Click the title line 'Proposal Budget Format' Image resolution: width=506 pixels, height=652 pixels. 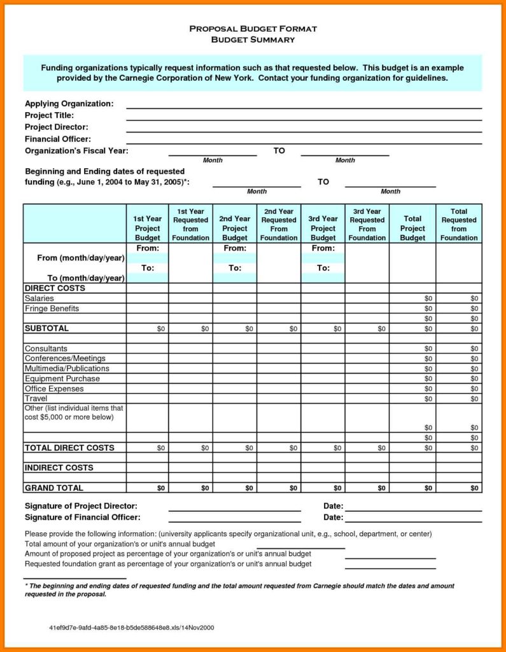253,29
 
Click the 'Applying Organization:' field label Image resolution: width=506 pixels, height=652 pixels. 69,103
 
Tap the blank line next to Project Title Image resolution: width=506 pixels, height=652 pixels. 304,119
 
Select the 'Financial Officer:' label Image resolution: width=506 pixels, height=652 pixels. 57,139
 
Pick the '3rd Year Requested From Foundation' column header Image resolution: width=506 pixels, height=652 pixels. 367,225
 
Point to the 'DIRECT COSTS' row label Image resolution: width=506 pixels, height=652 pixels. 55,288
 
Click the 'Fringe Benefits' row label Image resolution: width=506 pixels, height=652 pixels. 52,309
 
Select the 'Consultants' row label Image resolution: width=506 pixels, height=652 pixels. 46,349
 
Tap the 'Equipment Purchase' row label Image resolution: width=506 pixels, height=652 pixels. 62,379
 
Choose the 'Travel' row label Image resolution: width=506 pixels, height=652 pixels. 36,399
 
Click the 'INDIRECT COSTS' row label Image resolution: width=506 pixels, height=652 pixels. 59,468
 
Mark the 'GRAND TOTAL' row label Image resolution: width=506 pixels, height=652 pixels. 53,488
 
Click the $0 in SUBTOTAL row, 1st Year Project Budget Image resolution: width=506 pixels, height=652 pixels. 160,329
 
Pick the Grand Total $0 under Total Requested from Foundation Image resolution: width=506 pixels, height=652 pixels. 474,488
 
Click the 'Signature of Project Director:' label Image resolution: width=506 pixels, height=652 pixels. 81,506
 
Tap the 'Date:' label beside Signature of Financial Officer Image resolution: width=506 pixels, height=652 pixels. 333,518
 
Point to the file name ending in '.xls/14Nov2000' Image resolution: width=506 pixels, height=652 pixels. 132,628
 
